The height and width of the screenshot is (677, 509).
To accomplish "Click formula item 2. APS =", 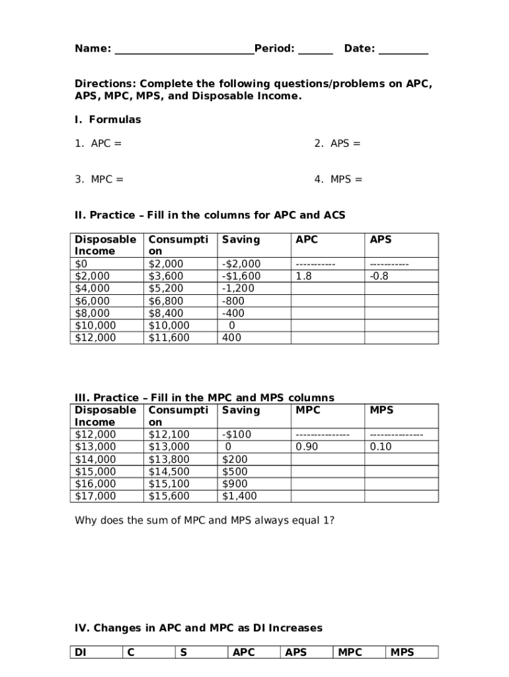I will coord(338,143).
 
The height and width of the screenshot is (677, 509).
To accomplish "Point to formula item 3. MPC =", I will coord(98,179).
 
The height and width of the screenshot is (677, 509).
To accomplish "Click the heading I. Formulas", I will coord(108,120).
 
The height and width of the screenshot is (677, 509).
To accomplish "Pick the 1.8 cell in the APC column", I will coord(304,276).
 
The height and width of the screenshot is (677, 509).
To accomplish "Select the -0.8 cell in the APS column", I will coord(379,276).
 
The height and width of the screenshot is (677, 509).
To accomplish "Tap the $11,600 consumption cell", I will coord(169,338).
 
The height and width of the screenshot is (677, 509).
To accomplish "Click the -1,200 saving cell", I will coord(238,289).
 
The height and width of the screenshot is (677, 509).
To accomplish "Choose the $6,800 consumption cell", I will coord(166,301).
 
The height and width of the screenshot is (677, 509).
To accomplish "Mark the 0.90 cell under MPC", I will coord(307,447).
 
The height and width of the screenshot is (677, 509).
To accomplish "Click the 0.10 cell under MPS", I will coord(381,447).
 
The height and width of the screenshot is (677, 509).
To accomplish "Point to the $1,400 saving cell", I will coord(239,496).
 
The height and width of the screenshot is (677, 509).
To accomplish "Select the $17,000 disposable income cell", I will coord(95,496).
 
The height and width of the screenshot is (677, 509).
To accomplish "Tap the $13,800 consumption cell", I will coord(169,459).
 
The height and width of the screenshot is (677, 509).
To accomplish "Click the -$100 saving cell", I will coord(237,434).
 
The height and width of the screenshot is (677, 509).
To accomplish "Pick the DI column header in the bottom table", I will coord(81,653).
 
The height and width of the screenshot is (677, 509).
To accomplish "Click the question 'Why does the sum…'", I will coord(204,520).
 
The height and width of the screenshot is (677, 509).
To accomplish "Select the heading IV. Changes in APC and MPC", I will coord(198,627).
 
